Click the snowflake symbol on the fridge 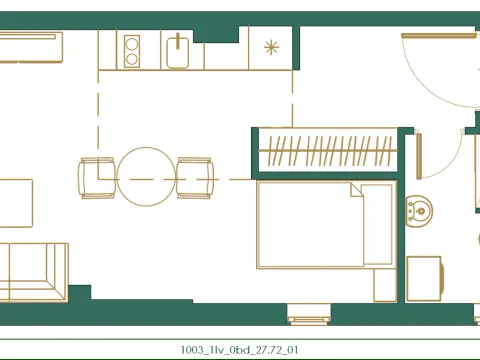click(x=271, y=47)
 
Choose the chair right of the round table click(x=194, y=177)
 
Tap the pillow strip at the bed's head click(x=378, y=224)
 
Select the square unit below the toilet click(x=424, y=276)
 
